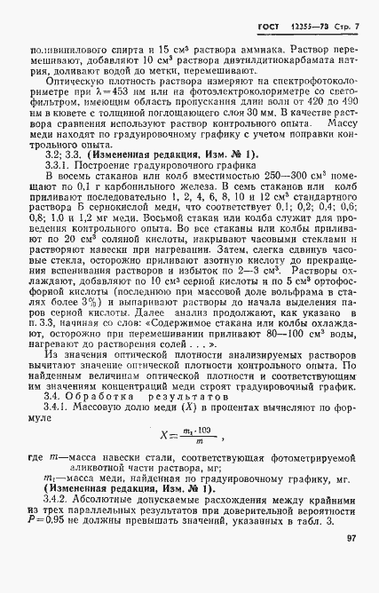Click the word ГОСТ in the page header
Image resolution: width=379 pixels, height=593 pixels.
tap(269, 18)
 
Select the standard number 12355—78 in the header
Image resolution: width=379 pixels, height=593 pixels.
tap(306, 18)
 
